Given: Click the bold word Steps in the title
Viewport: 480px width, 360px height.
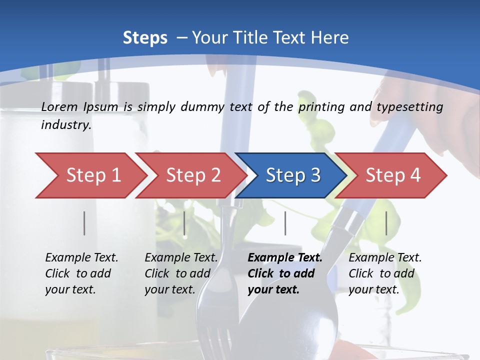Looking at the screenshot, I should coord(145,38).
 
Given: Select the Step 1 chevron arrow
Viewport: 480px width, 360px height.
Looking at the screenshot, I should coord(90,175).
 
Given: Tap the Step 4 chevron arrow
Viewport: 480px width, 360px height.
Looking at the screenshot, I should coord(392,175).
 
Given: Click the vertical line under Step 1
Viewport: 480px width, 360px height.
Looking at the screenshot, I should coord(84,223).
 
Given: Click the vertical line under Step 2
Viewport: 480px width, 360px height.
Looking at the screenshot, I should coord(184,223).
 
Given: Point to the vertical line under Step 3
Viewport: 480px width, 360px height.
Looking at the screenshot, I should coord(285,223).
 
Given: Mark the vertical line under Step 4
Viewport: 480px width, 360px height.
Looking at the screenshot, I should coord(386,223).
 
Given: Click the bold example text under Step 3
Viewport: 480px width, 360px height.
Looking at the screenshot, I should coord(284,273).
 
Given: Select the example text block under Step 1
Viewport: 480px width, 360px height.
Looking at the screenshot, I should coord(81,273).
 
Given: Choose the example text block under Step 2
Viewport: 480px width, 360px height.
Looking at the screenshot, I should coord(181,273).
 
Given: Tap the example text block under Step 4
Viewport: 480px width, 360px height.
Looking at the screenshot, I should coord(384,273).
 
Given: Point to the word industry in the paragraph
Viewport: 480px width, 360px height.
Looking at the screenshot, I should coord(65,124).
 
